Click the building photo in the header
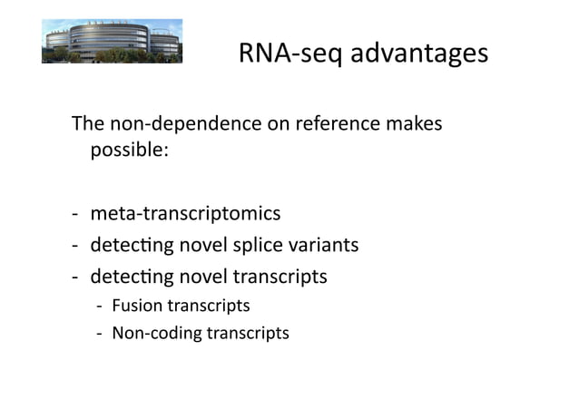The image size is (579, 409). click(x=112, y=41)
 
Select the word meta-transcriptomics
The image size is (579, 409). click(x=185, y=214)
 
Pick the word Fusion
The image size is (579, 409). click(x=135, y=306)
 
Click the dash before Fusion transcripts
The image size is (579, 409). click(x=100, y=307)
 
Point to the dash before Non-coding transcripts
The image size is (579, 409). click(x=100, y=334)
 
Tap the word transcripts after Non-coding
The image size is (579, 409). click(x=247, y=333)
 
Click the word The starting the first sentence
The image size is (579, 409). click(x=88, y=122)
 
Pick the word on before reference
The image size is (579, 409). click(x=276, y=122)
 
